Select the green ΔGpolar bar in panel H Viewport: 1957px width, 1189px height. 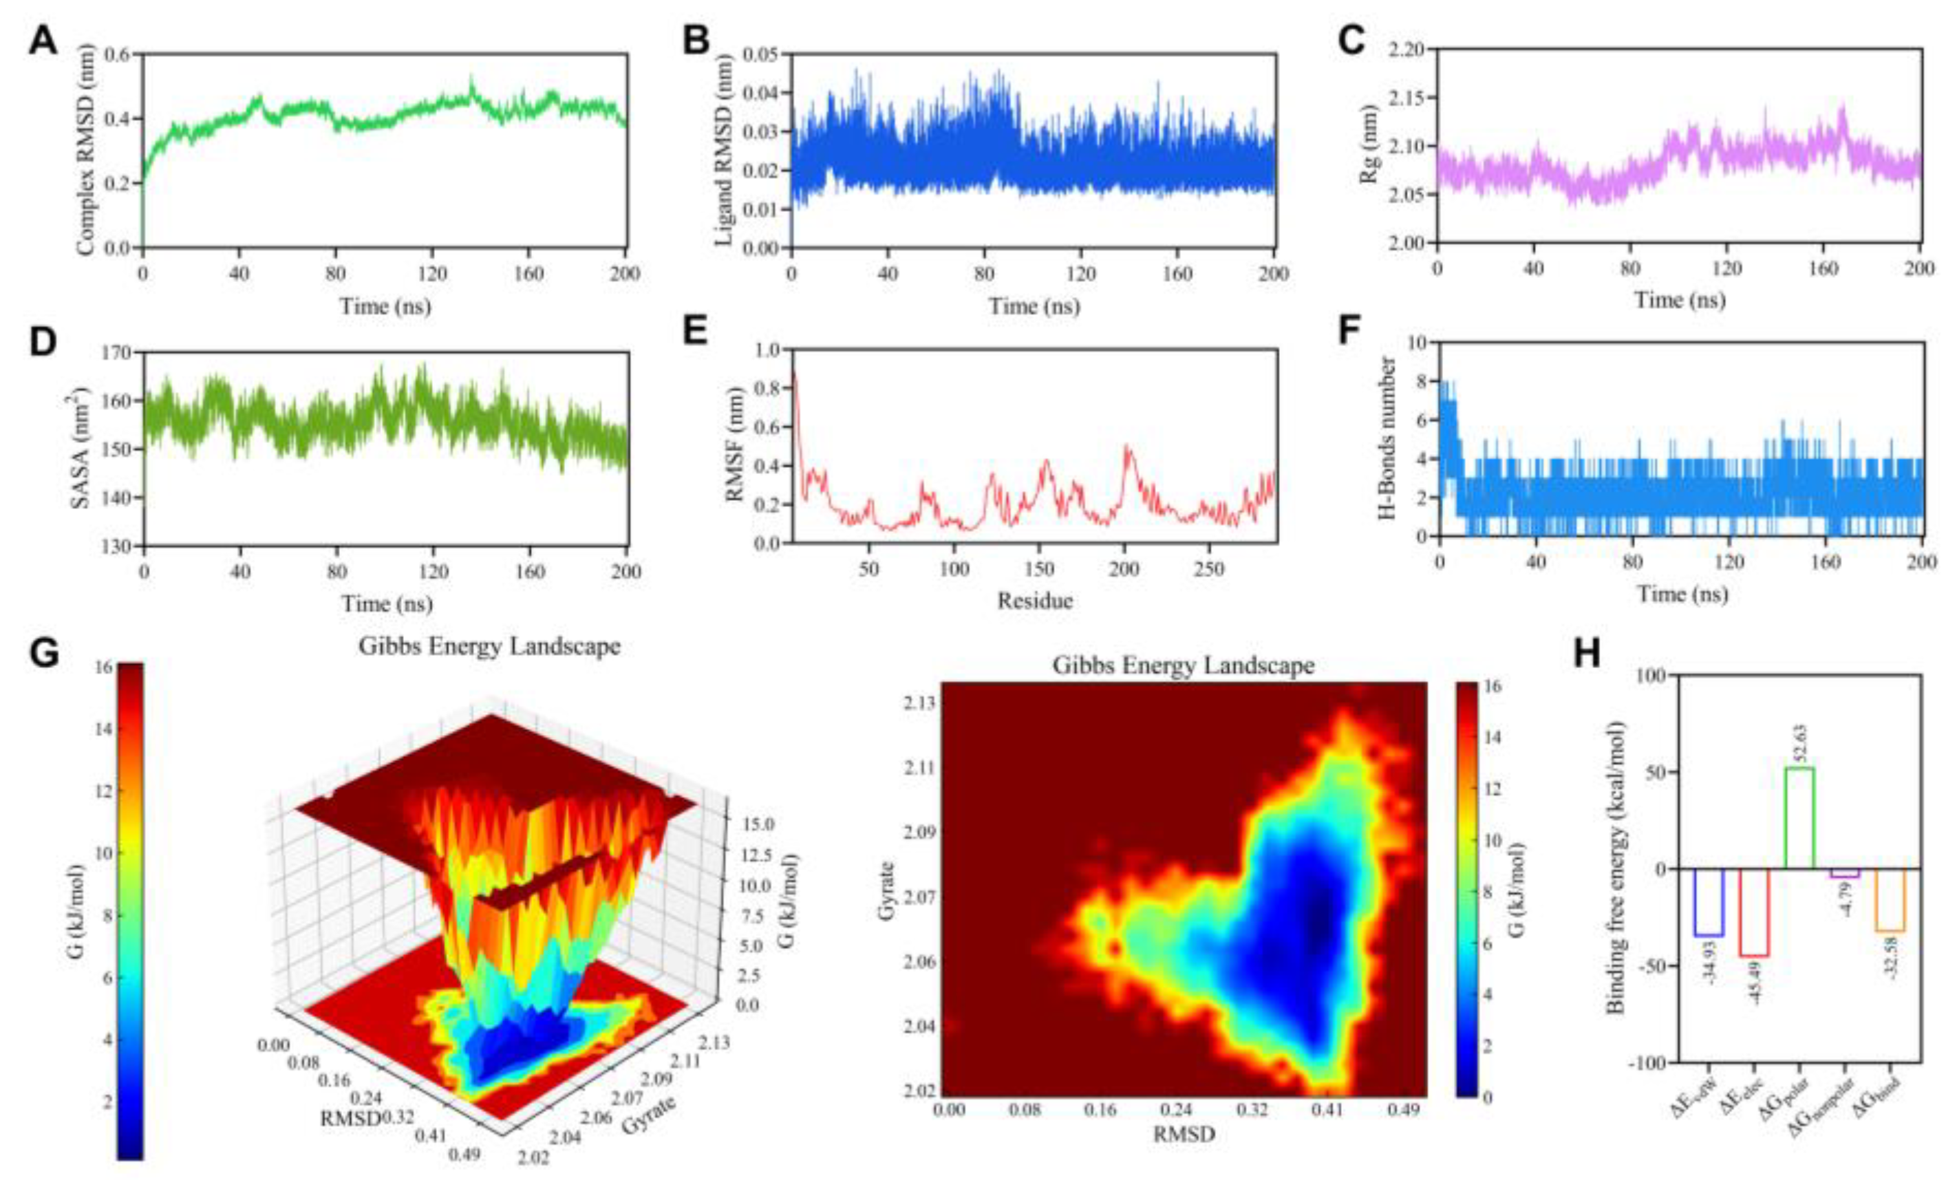[1799, 817]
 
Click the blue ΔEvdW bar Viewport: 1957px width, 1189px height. [1709, 902]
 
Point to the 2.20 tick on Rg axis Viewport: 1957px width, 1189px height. [1407, 50]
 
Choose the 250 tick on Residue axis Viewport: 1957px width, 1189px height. [1209, 568]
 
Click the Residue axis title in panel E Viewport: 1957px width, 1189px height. [1035, 601]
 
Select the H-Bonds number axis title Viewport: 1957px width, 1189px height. [1387, 438]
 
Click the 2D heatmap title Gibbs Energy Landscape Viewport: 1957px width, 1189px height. [1184, 665]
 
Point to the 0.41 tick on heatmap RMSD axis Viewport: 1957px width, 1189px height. [1327, 1108]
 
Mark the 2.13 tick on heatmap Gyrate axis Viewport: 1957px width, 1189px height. [918, 704]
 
